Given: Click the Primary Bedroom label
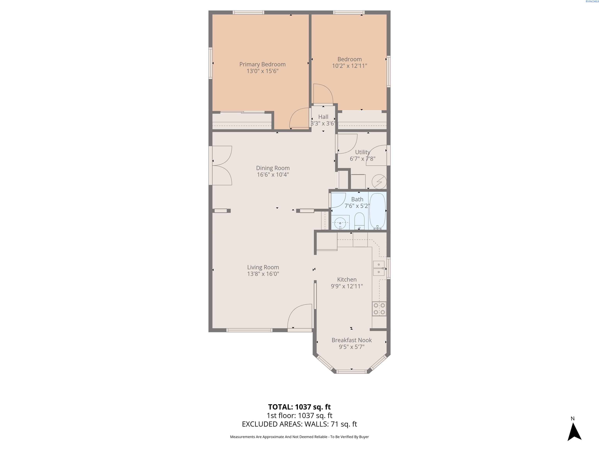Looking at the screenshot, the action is [262, 65].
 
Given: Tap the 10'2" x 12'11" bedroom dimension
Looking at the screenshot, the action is [350, 66].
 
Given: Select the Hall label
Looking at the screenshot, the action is [323, 117].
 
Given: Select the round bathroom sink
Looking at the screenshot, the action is [340, 223].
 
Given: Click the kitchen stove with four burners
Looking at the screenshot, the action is [379, 308].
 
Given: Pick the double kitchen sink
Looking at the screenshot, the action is [379, 268].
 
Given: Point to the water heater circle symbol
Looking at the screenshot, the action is [379, 181].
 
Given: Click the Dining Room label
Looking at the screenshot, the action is [273, 168].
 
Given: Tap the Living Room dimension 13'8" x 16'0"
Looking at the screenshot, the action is [263, 274].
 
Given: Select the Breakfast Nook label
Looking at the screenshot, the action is [352, 340].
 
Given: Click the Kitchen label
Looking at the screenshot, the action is [347, 280].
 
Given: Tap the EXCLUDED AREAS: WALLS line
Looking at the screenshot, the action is [299, 424].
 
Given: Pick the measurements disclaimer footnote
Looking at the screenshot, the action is [299, 437].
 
